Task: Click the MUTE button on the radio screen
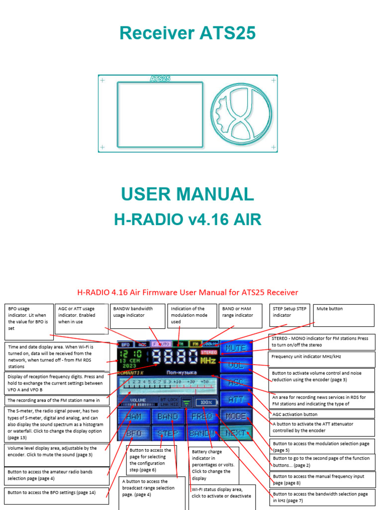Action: coord(236,348)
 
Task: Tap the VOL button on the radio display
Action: coord(236,365)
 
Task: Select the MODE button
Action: coord(236,416)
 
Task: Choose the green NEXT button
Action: coord(236,433)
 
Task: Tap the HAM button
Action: coord(133,416)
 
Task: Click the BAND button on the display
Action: coord(168,416)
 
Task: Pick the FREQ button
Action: coord(202,416)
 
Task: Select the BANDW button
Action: coord(202,433)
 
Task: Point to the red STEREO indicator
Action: coord(209,352)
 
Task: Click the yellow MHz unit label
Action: coord(208,360)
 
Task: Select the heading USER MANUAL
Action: coord(188,194)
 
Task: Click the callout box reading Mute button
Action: coord(344,315)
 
